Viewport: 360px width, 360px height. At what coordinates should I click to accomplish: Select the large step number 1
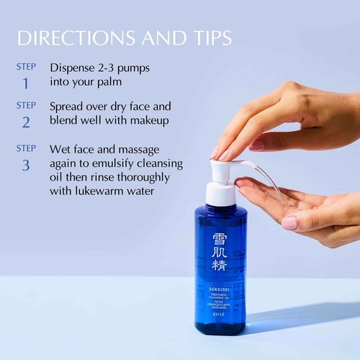click(26, 84)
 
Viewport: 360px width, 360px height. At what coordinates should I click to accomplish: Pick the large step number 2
click(26, 122)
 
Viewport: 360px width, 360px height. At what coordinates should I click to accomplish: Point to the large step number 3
click(26, 165)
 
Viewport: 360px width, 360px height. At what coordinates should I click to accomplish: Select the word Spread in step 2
click(69, 106)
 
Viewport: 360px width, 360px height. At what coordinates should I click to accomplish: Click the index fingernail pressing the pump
click(215, 152)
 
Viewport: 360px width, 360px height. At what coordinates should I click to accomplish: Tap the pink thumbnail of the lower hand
click(289, 223)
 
